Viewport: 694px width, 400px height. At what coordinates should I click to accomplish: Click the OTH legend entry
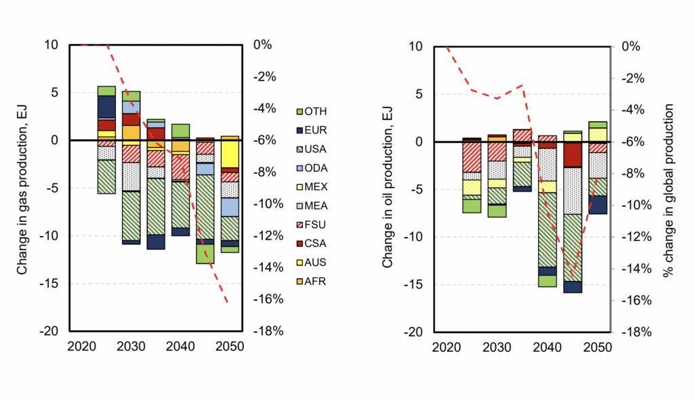coord(312,112)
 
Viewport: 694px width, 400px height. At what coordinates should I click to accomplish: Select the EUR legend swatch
coord(300,131)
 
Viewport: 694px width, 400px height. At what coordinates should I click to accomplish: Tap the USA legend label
coord(316,149)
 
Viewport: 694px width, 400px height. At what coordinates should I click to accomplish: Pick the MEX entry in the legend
coord(312,187)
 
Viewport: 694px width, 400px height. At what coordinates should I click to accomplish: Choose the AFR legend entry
coord(311,282)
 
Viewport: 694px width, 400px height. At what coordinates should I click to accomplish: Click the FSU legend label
coord(315,225)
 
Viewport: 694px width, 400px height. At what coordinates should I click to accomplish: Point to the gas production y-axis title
coord(22,190)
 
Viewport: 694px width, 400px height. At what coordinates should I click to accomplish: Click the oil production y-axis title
coord(387,188)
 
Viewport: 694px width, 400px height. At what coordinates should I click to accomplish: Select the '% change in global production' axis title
coord(668,190)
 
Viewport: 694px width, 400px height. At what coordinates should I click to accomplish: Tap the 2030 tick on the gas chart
coord(131,346)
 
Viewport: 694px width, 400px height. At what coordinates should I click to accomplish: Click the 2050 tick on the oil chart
coord(598,347)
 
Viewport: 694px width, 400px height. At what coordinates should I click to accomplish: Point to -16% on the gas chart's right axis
coord(268,299)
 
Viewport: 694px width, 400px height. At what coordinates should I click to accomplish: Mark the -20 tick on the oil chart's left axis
coord(414,332)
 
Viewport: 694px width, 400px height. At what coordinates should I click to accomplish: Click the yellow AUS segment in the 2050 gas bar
coord(230,154)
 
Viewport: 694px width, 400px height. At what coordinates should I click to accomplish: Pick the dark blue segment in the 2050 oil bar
coord(598,205)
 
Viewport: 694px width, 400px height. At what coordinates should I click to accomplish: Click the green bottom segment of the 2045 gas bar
coord(205,254)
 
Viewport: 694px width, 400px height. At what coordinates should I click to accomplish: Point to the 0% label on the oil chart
coord(631,47)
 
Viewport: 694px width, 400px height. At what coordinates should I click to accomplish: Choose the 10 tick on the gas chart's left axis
coord(51,45)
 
